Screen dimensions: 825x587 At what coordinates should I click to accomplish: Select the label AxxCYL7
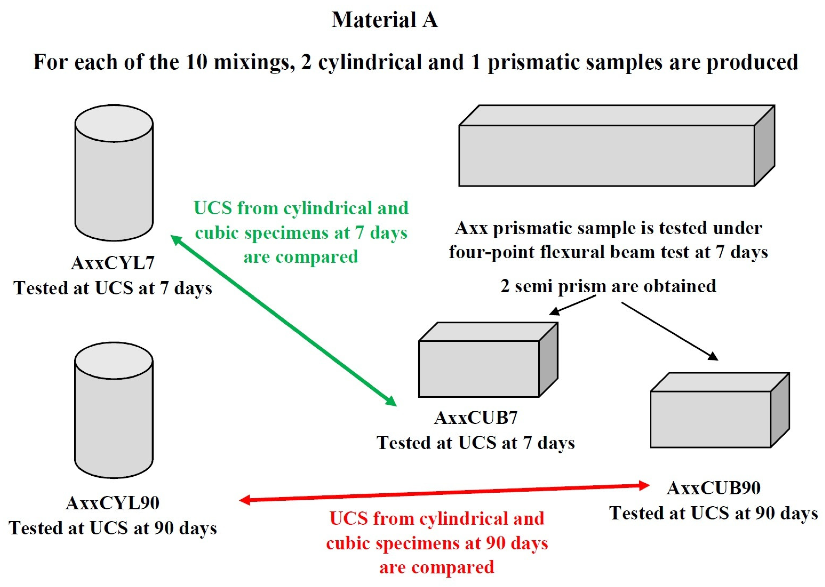113,263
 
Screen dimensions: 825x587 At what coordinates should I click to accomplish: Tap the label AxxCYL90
113,503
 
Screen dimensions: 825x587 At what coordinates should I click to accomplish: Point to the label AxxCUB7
476,418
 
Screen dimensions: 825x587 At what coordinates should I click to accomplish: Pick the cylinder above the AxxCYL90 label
114,410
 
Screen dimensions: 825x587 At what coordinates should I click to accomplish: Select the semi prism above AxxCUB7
484,365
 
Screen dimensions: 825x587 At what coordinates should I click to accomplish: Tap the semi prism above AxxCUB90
716,416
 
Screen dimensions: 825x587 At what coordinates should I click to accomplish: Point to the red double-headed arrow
445,493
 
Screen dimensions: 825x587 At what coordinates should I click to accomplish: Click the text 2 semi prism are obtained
608,286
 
